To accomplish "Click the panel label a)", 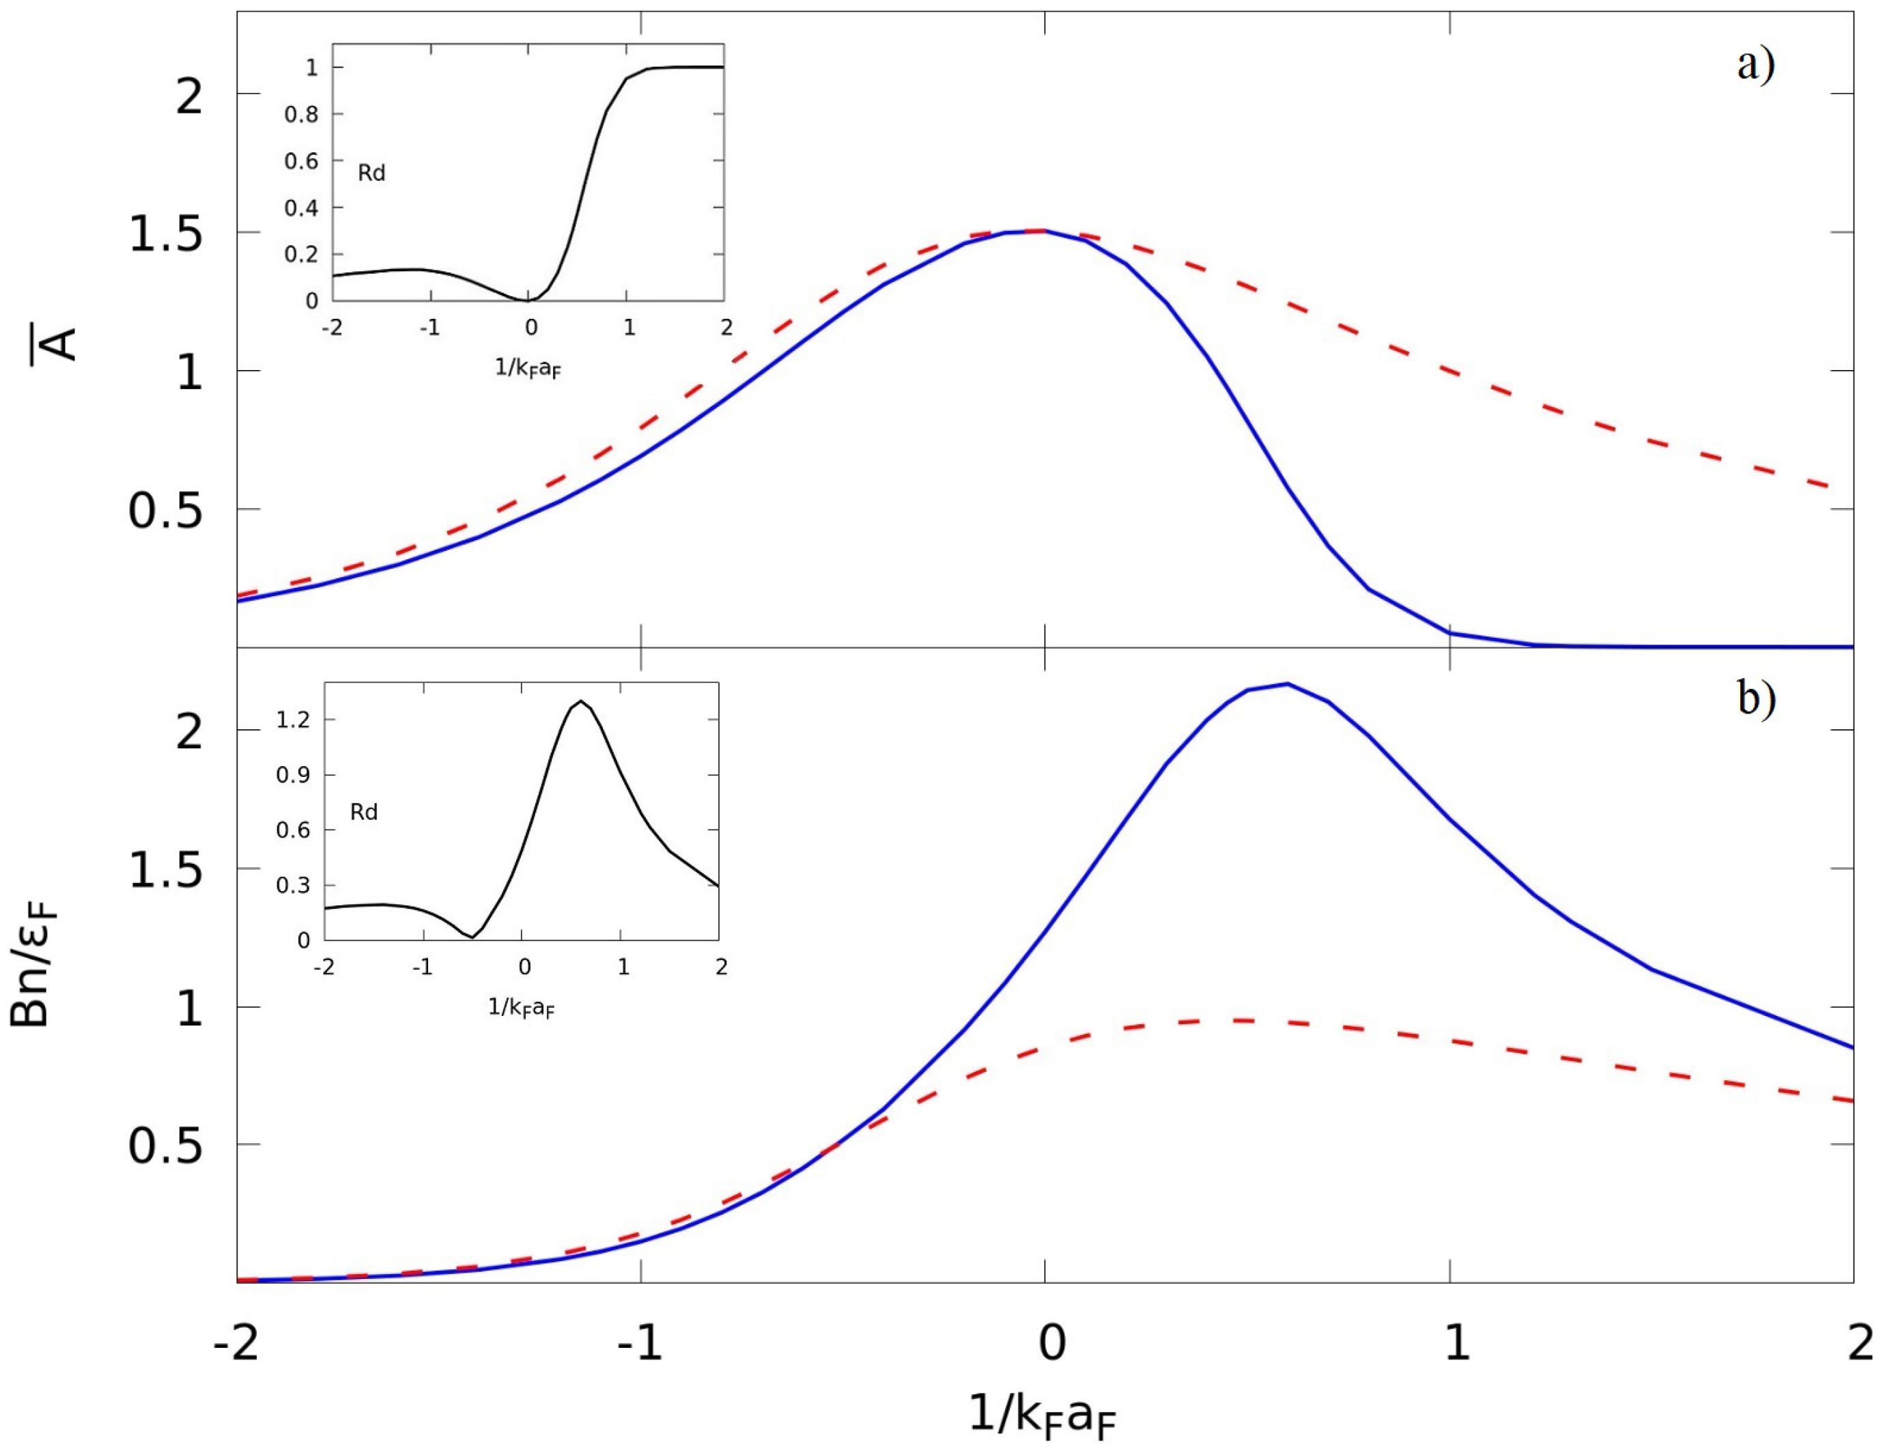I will coord(1755,65).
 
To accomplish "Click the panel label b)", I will coord(1755,699).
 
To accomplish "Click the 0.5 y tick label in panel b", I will coord(165,1147).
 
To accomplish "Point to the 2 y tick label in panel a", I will coord(189,96).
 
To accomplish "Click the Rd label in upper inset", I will coord(371,173).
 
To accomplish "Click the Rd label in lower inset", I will coord(364,813).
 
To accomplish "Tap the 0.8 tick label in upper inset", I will coord(301,115).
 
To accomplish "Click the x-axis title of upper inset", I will coord(528,368).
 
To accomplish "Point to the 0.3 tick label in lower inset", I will coord(292,886).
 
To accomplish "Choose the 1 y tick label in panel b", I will coord(189,1008).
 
